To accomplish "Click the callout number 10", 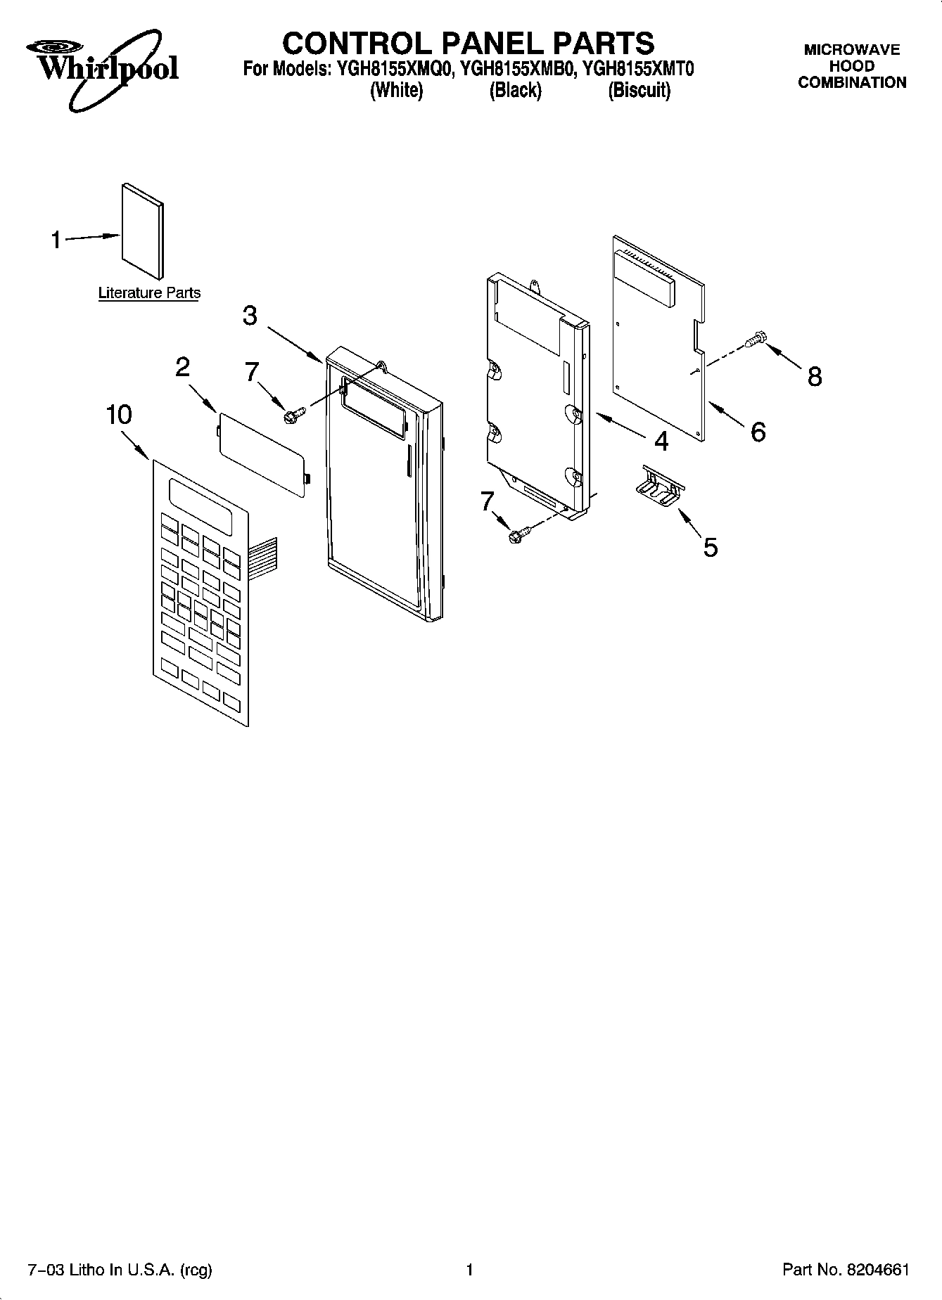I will pyautogui.click(x=119, y=415).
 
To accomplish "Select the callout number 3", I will pyautogui.click(x=250, y=316).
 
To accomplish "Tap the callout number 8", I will pyautogui.click(x=814, y=377).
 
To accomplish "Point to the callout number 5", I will pyautogui.click(x=711, y=546).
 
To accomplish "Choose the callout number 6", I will pyautogui.click(x=758, y=432).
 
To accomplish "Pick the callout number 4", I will pyautogui.click(x=661, y=441).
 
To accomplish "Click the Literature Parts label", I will pyautogui.click(x=149, y=293).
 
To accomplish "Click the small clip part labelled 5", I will pyautogui.click(x=662, y=484).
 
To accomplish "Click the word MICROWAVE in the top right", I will pyautogui.click(x=852, y=50).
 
